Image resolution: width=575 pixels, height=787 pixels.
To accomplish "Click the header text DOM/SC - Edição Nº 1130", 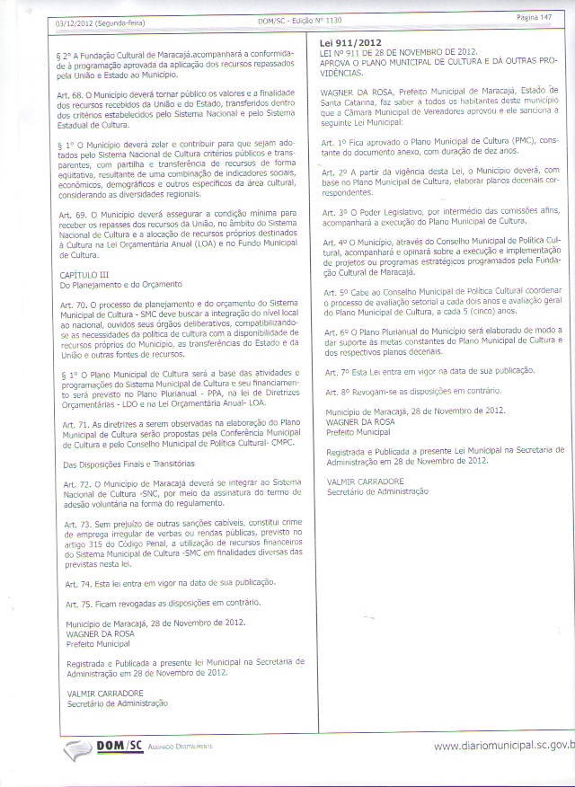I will tap(295, 20).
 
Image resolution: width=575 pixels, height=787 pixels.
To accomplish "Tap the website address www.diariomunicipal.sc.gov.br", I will tap(503, 745).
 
